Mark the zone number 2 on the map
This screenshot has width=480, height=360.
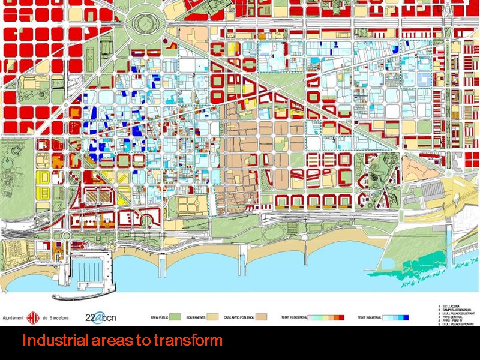194,75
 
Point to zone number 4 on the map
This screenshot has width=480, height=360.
272,55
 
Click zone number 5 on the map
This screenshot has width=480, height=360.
416,56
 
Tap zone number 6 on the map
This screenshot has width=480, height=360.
145,137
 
